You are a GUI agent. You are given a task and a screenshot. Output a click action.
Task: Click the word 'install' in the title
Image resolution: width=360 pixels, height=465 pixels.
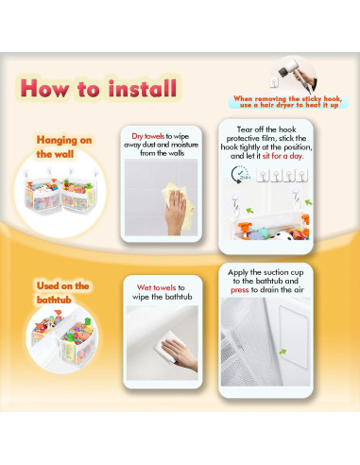click(143, 88)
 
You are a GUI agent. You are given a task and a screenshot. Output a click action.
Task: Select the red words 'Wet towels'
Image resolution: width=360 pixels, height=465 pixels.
click(156, 287)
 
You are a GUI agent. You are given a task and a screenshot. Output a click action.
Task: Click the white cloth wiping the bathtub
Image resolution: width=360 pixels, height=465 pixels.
click(165, 346)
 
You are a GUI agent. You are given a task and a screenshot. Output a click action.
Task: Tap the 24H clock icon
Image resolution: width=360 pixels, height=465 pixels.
click(240, 175)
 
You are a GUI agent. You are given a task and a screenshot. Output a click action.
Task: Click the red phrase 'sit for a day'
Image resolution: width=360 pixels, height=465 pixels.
click(283, 156)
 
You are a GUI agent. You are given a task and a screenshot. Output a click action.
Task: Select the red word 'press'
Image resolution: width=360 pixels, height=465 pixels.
click(240, 290)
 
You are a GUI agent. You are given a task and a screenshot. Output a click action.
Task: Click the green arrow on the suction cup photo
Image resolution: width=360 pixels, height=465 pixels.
click(283, 352)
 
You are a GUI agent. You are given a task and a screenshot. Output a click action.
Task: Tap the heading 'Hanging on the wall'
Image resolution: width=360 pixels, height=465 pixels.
click(64, 147)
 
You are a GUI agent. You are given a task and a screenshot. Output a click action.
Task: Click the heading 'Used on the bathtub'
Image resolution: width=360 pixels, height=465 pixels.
click(62, 293)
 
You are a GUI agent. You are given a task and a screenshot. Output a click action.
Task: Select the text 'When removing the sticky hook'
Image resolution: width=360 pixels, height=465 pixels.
click(287, 98)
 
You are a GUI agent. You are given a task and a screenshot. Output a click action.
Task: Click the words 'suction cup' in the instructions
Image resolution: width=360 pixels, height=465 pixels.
click(283, 272)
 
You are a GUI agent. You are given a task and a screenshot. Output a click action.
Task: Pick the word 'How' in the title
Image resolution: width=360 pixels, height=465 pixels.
click(44, 88)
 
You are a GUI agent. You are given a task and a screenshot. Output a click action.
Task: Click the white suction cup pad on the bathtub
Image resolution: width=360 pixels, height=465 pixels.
click(293, 336)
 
